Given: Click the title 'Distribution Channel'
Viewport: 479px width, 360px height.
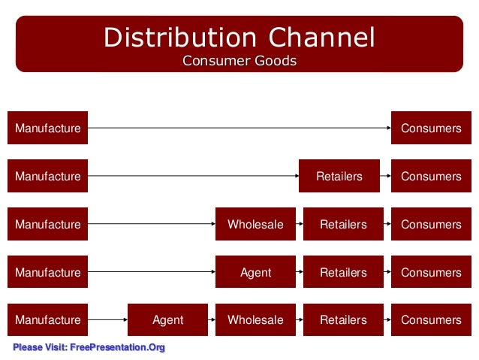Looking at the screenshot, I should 239,37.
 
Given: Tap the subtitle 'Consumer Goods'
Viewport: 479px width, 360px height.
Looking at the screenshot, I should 239,61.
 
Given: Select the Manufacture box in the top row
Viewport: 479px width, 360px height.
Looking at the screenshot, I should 48,129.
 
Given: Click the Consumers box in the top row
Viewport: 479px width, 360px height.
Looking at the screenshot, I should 431,129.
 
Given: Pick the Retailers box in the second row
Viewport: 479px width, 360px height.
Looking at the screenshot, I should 339,177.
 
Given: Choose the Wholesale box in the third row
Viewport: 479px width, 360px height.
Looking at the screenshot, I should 255,225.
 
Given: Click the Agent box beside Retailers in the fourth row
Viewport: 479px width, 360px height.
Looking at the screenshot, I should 255,272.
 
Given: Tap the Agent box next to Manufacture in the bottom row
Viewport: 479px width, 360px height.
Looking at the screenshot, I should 167,320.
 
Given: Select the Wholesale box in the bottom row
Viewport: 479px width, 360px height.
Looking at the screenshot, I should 255,320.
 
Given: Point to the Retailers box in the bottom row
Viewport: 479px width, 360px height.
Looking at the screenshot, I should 343,320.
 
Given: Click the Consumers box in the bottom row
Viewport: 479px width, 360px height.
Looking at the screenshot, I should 431,320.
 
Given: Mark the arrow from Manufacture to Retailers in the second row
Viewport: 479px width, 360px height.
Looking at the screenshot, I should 193,177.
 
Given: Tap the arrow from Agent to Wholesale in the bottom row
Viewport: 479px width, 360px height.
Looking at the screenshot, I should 212,320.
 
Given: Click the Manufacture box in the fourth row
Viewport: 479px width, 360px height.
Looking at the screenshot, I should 48,272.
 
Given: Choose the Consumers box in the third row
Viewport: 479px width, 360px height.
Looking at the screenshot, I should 431,225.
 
